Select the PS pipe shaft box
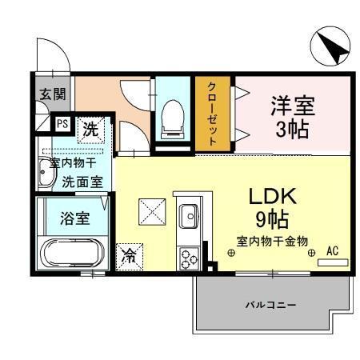tap(61, 124)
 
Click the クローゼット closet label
tap(213, 113)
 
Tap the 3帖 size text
tap(292, 129)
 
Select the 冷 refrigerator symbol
tap(128, 255)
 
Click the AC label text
tap(332, 250)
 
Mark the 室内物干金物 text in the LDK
tap(272, 241)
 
